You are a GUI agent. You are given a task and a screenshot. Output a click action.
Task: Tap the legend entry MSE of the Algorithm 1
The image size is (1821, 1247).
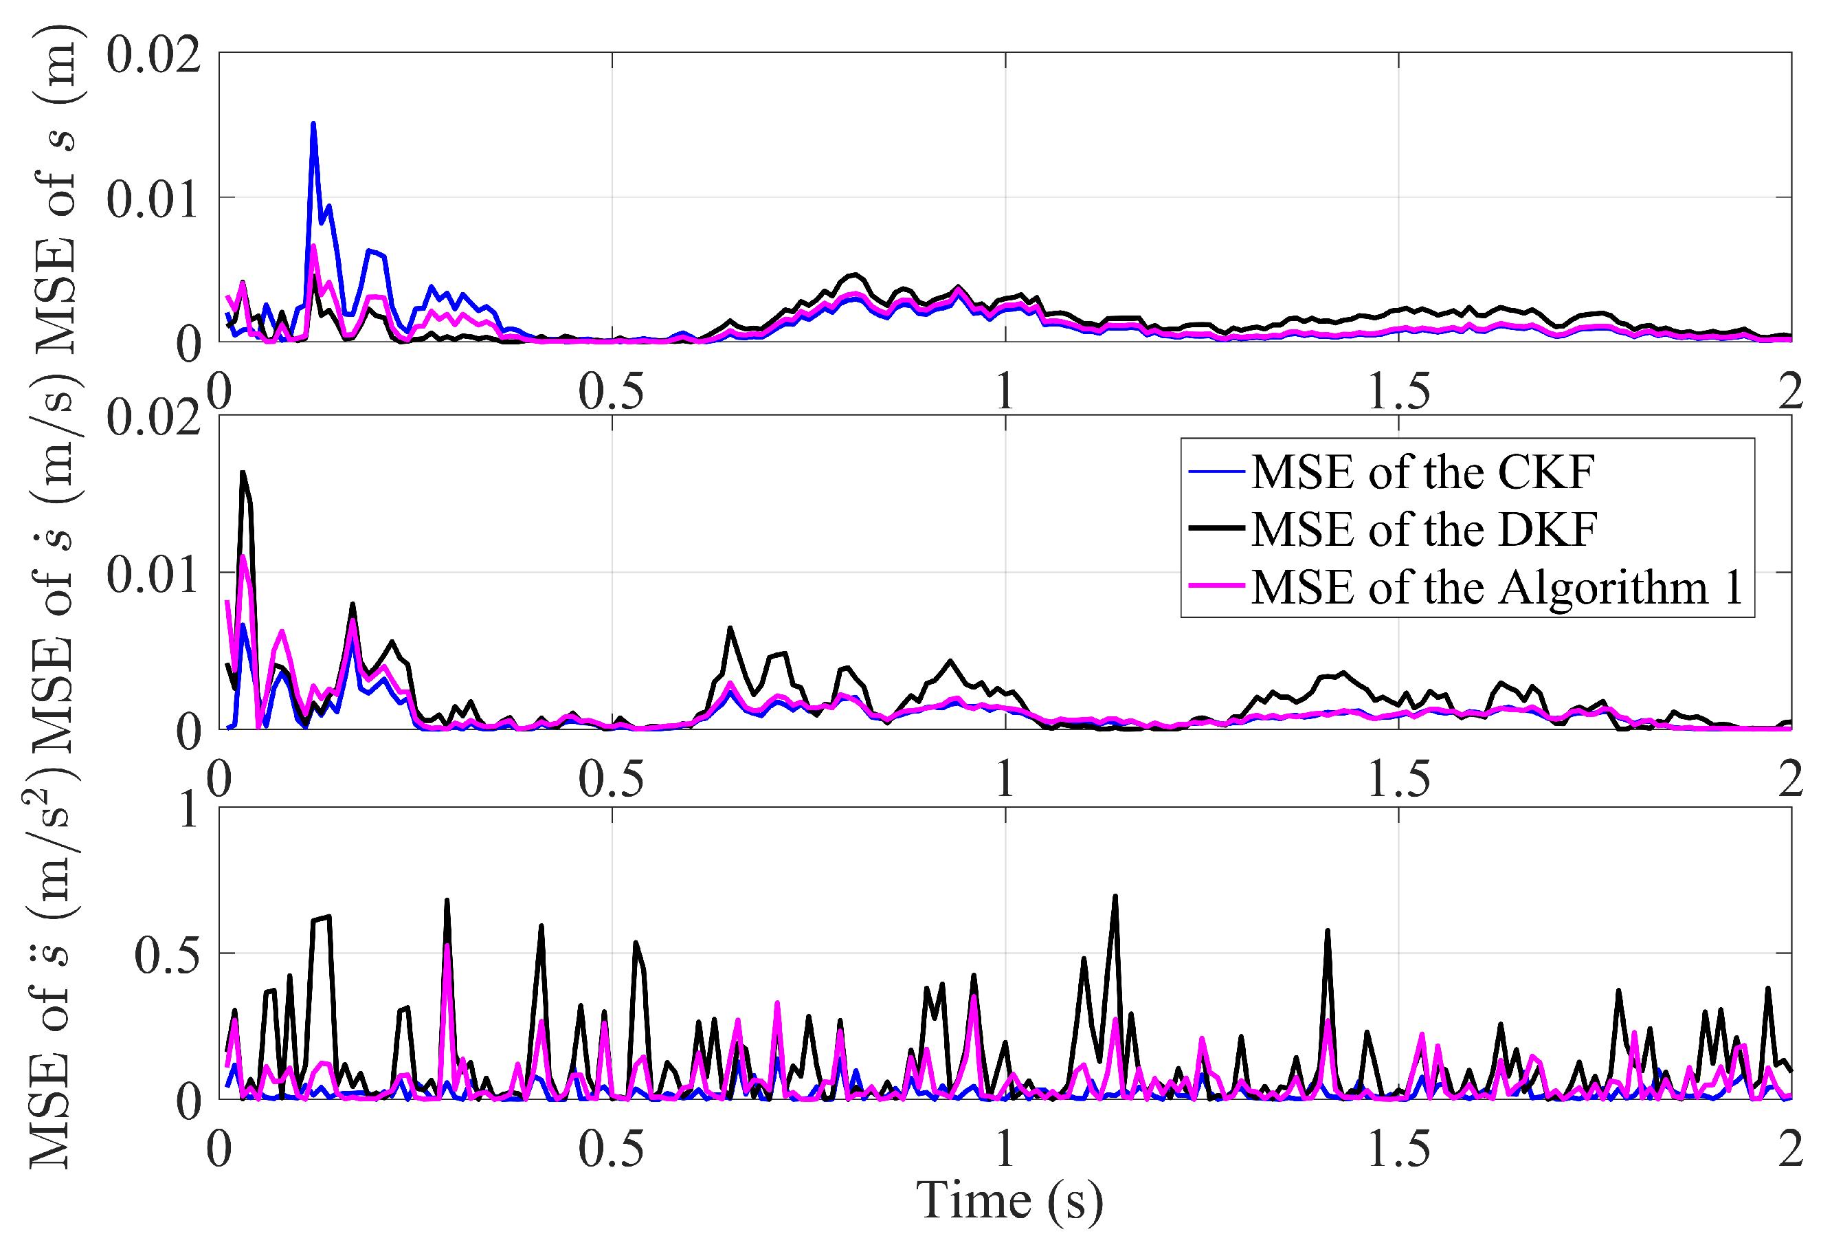[x=1497, y=587]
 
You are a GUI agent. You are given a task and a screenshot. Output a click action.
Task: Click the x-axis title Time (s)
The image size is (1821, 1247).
[x=1009, y=1201]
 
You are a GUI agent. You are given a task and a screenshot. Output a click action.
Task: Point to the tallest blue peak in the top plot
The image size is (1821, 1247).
[x=313, y=124]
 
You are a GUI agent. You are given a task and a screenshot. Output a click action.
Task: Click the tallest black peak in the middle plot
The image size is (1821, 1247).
[x=243, y=473]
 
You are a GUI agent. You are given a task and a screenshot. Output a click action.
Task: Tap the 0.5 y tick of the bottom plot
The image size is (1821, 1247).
[x=167, y=956]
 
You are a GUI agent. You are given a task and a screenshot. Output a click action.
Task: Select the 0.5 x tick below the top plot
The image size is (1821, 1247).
[x=611, y=391]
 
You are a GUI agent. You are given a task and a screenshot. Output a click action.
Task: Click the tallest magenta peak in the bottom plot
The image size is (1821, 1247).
[x=447, y=946]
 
